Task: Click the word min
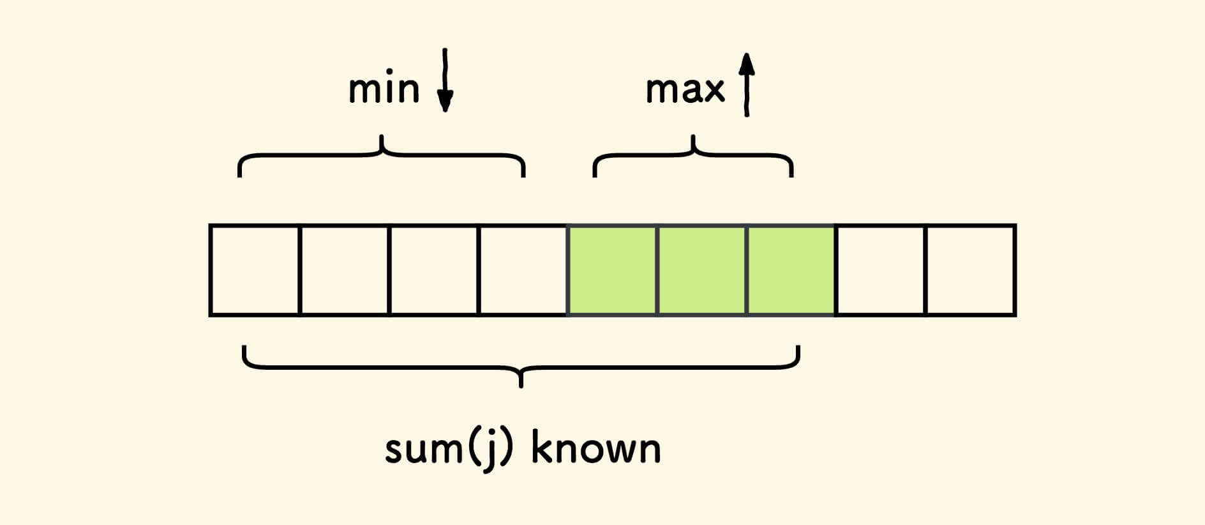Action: coord(384,89)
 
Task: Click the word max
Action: coord(685,89)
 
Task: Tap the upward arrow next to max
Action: coord(747,84)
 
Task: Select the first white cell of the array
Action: coord(255,270)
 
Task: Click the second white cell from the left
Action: coord(344,270)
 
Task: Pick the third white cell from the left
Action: coord(433,270)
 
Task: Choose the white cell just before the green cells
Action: coord(523,270)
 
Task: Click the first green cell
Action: coord(612,270)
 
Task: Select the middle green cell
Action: coord(701,270)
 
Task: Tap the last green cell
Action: coord(791,270)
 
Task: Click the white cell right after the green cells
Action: coord(880,270)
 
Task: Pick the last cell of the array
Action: coord(970,270)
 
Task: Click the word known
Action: coord(595,448)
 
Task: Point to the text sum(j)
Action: coord(449,450)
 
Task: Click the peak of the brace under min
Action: coord(382,137)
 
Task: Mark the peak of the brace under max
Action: coord(693,137)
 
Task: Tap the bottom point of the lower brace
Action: coord(521,385)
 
